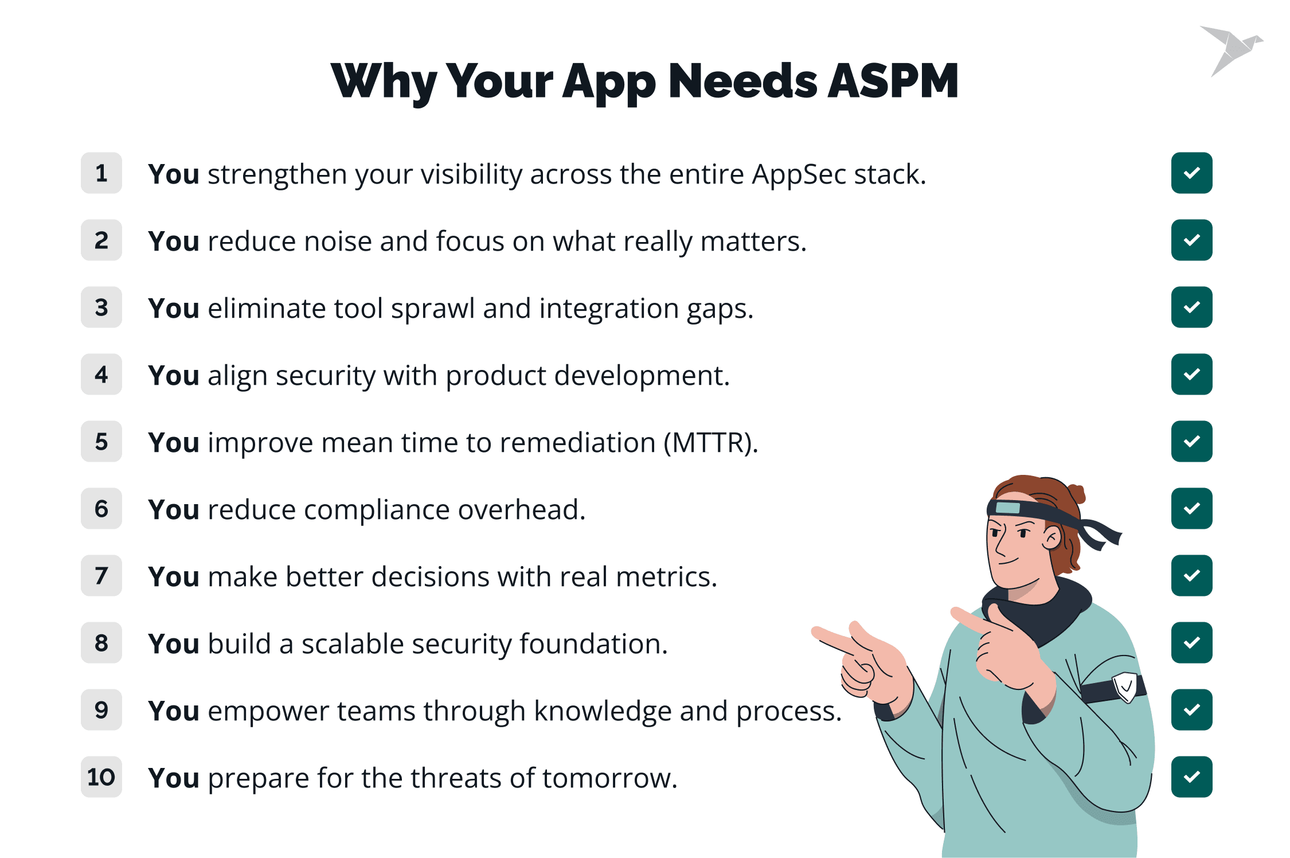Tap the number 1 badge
pyautogui.click(x=101, y=173)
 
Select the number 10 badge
pyautogui.click(x=101, y=777)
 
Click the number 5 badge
pyautogui.click(x=101, y=441)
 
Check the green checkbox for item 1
pyautogui.click(x=1191, y=173)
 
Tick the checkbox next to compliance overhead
pyautogui.click(x=1191, y=508)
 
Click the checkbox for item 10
pyautogui.click(x=1191, y=777)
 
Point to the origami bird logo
pyautogui.click(x=1232, y=50)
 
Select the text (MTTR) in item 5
pyautogui.click(x=711, y=443)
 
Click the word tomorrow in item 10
pyautogui.click(x=610, y=778)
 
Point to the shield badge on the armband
pyautogui.click(x=1125, y=687)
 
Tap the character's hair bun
pyautogui.click(x=1075, y=493)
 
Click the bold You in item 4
pyautogui.click(x=174, y=376)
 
